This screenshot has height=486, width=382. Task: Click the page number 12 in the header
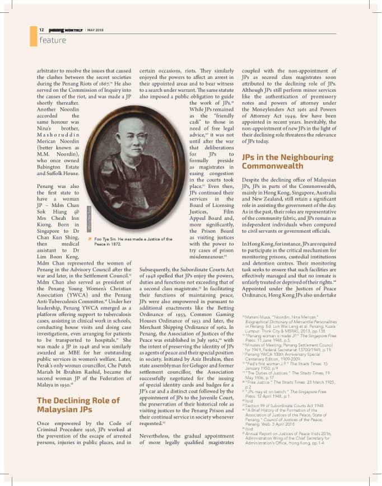tap(41, 30)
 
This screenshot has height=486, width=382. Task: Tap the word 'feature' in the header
tap(53, 40)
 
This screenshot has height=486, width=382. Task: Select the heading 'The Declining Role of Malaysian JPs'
tap(78, 405)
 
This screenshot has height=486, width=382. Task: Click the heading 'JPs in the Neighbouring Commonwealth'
tap(287, 162)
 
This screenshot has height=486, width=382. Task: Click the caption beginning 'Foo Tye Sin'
tap(133, 242)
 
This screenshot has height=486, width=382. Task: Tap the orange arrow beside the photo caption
tap(90, 239)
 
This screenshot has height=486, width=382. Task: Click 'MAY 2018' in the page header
tap(95, 30)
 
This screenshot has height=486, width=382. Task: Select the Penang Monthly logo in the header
tap(66, 30)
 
